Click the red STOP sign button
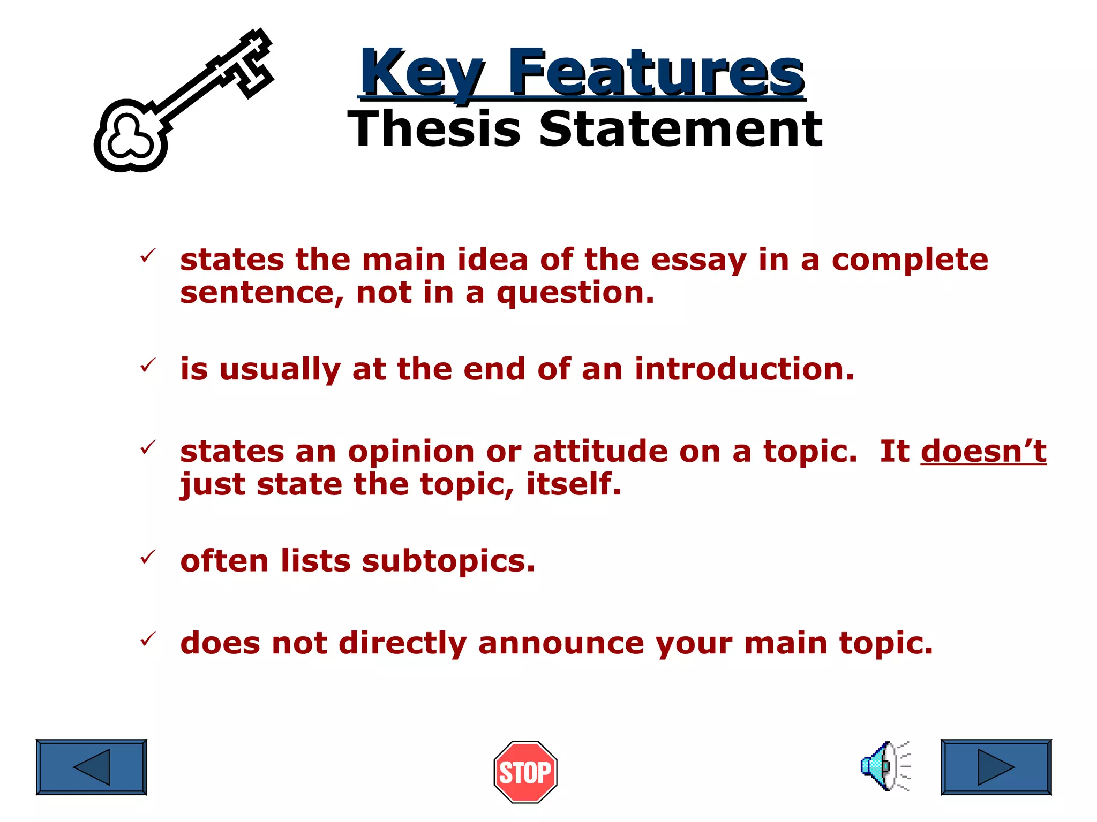[x=525, y=772]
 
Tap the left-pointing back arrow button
[x=91, y=767]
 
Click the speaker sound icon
[x=884, y=766]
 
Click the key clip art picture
[x=182, y=102]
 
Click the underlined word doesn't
[x=983, y=451]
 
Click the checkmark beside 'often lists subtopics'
[x=147, y=558]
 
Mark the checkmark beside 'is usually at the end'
[x=147, y=366]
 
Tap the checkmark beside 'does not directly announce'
[x=147, y=639]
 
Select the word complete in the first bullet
[x=910, y=260]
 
